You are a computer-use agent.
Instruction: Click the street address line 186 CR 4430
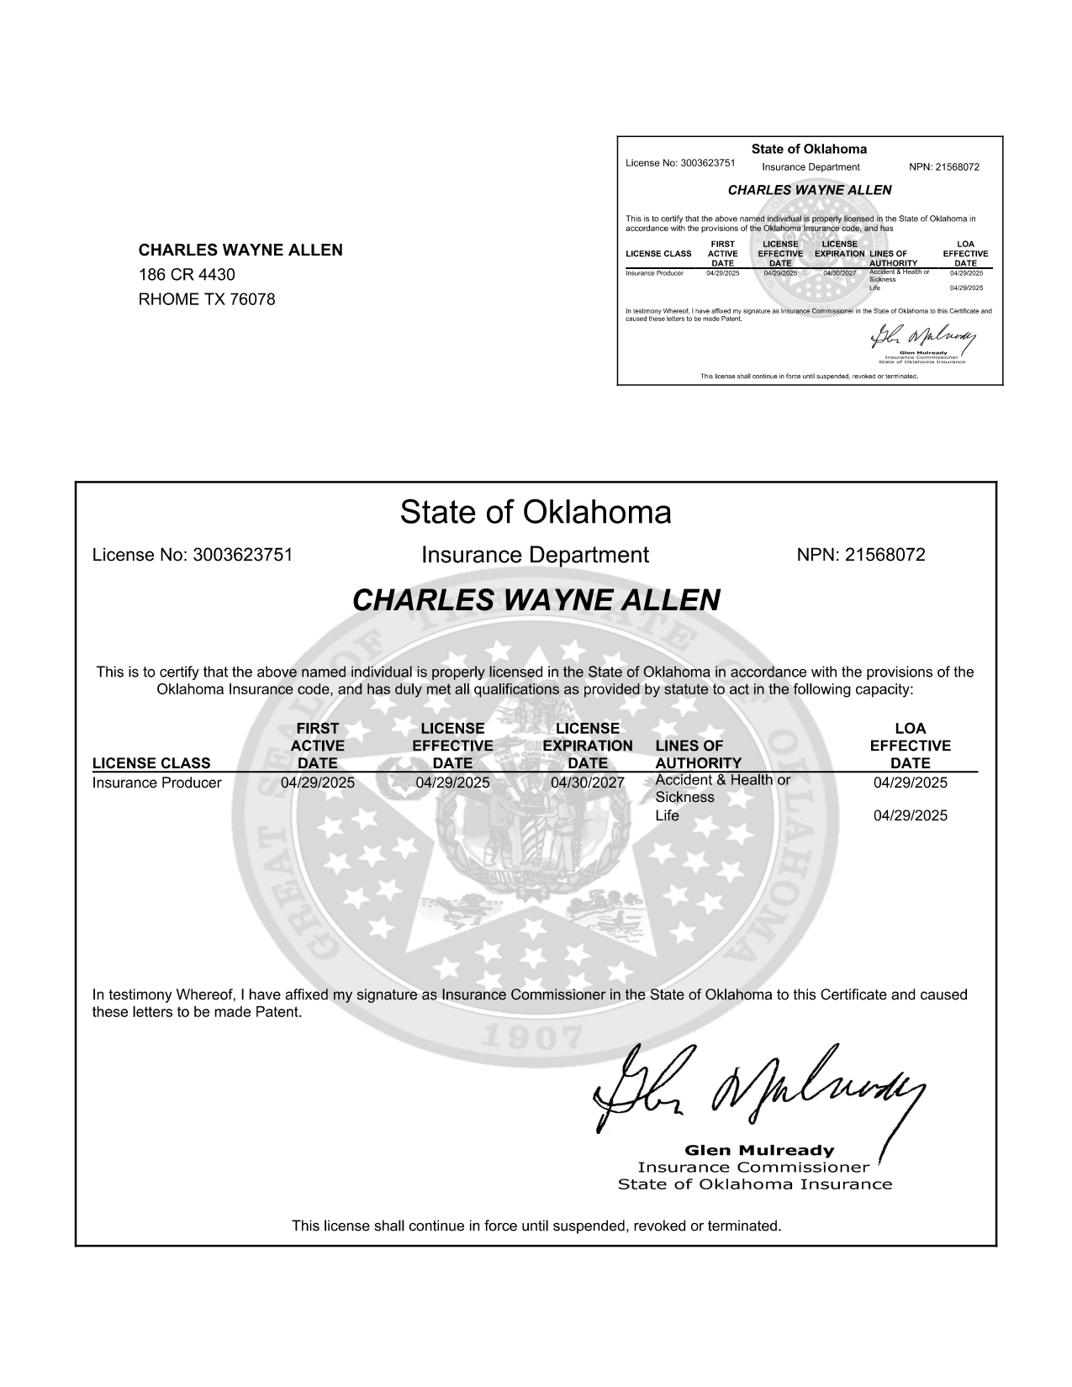tap(187, 275)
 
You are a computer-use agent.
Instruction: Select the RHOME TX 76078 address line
tap(206, 299)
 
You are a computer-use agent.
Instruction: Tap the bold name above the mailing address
tap(240, 250)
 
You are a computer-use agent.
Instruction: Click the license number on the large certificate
tap(192, 555)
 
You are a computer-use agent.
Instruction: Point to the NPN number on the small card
tap(944, 167)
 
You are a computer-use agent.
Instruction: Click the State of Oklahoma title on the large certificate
tap(536, 512)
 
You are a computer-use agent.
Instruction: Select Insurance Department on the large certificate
tap(535, 555)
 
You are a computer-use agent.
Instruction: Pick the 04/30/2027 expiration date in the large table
tap(587, 783)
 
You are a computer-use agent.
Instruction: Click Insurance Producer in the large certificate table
tap(156, 783)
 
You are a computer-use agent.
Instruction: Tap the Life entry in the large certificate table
tap(667, 815)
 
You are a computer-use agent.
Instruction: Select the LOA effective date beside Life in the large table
tap(910, 815)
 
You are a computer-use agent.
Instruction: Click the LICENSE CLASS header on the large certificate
tap(151, 763)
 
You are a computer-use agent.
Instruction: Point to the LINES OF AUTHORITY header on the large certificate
tap(698, 754)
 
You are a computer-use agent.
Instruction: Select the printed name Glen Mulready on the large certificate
tap(759, 1150)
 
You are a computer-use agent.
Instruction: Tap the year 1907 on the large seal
tap(535, 1039)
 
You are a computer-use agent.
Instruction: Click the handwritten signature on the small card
tap(922, 337)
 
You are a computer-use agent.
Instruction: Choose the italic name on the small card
tap(809, 190)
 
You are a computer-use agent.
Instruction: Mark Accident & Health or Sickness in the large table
tap(722, 788)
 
